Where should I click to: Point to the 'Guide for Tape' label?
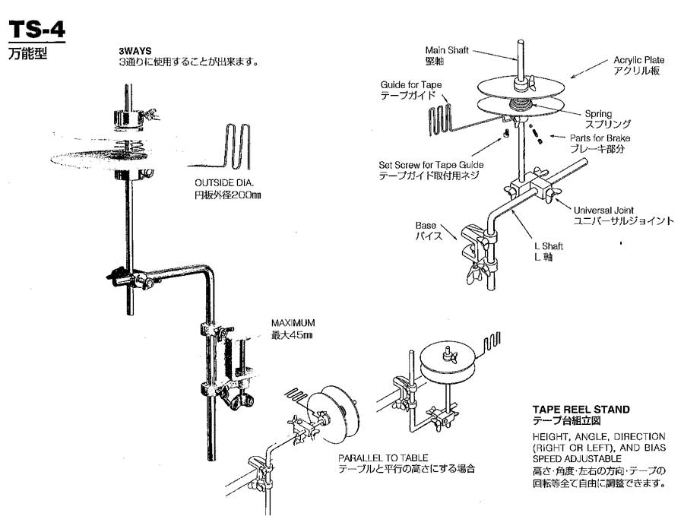pos(410,85)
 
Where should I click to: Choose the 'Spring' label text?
pos(597,114)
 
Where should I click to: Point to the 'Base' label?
pos(425,226)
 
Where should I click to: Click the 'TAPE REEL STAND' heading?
pos(581,410)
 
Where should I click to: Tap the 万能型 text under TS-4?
pos(29,55)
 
